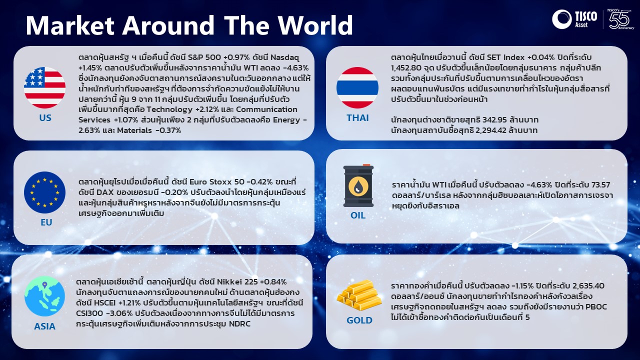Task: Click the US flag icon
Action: tap(44, 87)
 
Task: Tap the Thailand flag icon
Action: tap(357, 87)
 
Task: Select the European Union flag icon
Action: tap(44, 192)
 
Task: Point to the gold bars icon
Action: tap(359, 295)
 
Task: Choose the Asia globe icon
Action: tap(44, 296)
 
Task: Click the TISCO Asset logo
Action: tap(574, 19)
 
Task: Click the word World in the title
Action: tap(315, 25)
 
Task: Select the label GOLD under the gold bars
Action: tap(359, 320)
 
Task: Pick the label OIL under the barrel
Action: tap(358, 215)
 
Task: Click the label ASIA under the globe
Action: tap(44, 326)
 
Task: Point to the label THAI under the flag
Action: tap(357, 117)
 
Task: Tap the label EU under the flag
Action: tap(46, 222)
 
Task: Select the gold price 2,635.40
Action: tap(588, 285)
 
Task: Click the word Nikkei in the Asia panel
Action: tap(229, 282)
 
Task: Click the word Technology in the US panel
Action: tap(169, 109)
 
